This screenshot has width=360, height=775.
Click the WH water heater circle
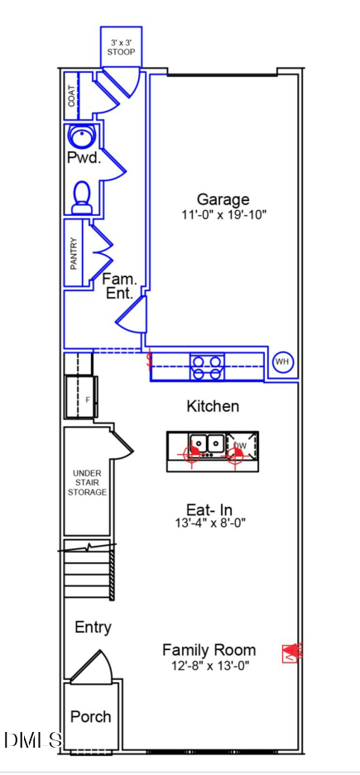tap(283, 362)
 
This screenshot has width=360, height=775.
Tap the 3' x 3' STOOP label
tap(121, 47)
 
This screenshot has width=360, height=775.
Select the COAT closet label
tap(72, 97)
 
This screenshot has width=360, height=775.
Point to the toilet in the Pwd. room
tap(82, 197)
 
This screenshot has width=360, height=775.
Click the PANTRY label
tap(74, 254)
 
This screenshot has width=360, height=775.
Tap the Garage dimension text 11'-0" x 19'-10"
tap(224, 215)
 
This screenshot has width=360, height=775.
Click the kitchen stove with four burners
tap(207, 367)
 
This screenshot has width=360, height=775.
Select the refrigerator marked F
tap(82, 397)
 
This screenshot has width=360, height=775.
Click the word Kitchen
tap(213, 406)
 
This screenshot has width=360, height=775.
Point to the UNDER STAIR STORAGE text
tap(87, 482)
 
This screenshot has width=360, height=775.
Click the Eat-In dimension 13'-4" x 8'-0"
tap(210, 523)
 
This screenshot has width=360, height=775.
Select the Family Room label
tap(209, 649)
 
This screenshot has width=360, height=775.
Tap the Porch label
tap(90, 716)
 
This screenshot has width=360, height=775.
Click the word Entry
tap(93, 628)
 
